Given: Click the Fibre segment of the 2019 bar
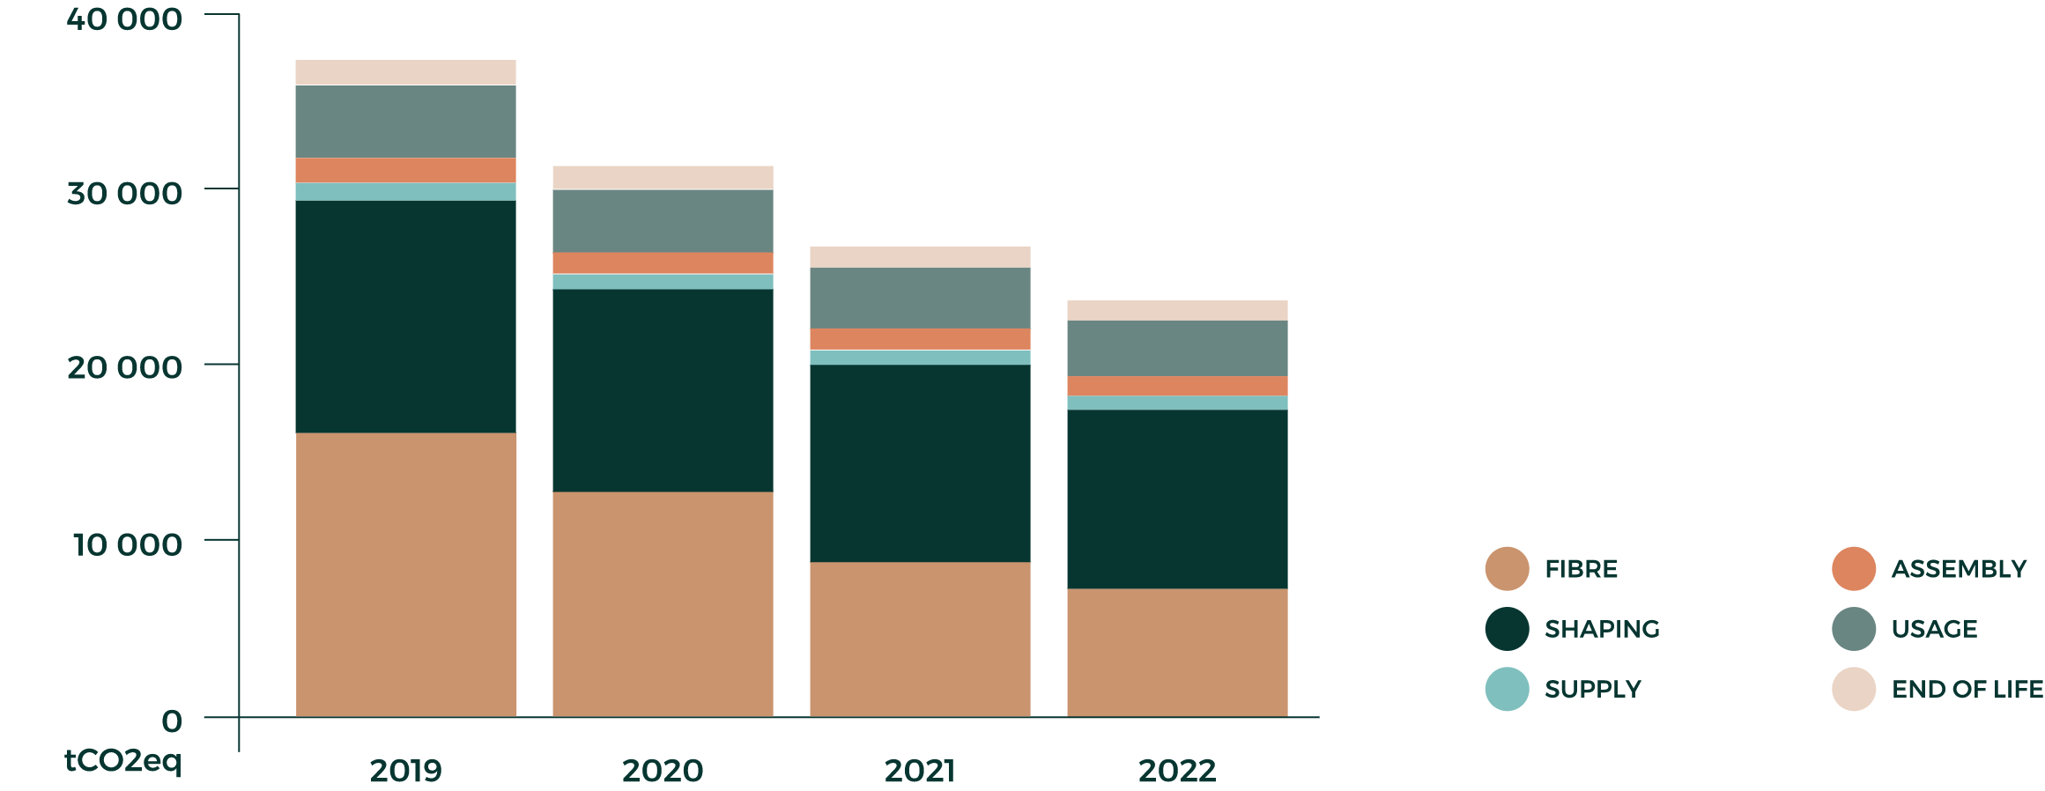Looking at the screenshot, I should point(405,574).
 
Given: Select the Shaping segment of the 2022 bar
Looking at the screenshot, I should point(1177,499).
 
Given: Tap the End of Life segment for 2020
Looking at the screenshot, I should point(663,177).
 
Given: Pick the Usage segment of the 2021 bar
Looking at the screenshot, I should point(920,298).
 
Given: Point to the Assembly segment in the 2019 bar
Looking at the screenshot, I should point(405,170).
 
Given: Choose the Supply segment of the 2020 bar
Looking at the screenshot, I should point(663,282).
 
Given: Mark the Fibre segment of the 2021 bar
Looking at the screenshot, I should point(920,639).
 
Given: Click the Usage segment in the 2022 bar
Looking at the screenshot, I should point(1177,348).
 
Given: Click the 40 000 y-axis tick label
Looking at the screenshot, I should point(124,18).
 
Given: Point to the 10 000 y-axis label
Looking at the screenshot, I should point(127,544).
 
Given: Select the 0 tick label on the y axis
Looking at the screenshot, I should point(172,721).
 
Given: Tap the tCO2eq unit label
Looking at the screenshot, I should point(123,760).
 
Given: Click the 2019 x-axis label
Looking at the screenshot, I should point(405,771).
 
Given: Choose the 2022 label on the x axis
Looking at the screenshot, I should point(1177,771).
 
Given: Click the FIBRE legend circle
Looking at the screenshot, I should point(1507,569).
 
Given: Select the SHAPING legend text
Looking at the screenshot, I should point(1602,629).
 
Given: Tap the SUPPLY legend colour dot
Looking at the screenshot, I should point(1507,689).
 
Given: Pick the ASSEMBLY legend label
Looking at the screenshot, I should point(1959,569).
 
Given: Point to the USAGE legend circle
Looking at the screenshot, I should point(1854,629).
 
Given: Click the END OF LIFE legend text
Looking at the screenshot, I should point(1967,689).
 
